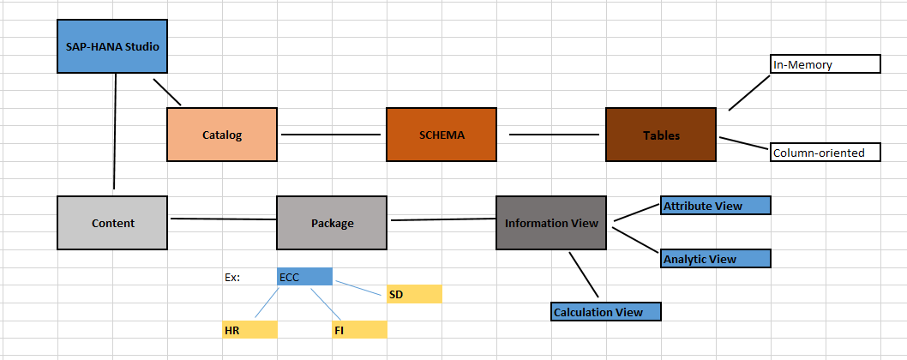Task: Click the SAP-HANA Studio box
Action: pos(112,46)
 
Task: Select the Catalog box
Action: pos(222,135)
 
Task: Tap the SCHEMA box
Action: pos(441,135)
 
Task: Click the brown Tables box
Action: pos(661,135)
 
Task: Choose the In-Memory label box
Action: pos(826,64)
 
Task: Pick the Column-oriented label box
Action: pos(826,153)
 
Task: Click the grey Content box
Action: pos(112,223)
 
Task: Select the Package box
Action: pos(332,223)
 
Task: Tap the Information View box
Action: pos(551,223)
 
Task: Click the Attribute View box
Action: pos(716,206)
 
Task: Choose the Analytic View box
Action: pos(716,258)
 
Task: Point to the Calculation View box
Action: pos(606,312)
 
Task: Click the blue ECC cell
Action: pos(304,277)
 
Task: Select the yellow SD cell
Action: pos(414,294)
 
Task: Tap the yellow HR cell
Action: pos(249,330)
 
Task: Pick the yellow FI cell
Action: pos(359,330)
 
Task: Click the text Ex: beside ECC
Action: pos(232,278)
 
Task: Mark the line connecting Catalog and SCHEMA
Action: pos(331,135)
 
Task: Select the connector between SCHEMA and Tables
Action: pos(554,135)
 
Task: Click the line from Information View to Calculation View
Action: pos(583,274)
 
